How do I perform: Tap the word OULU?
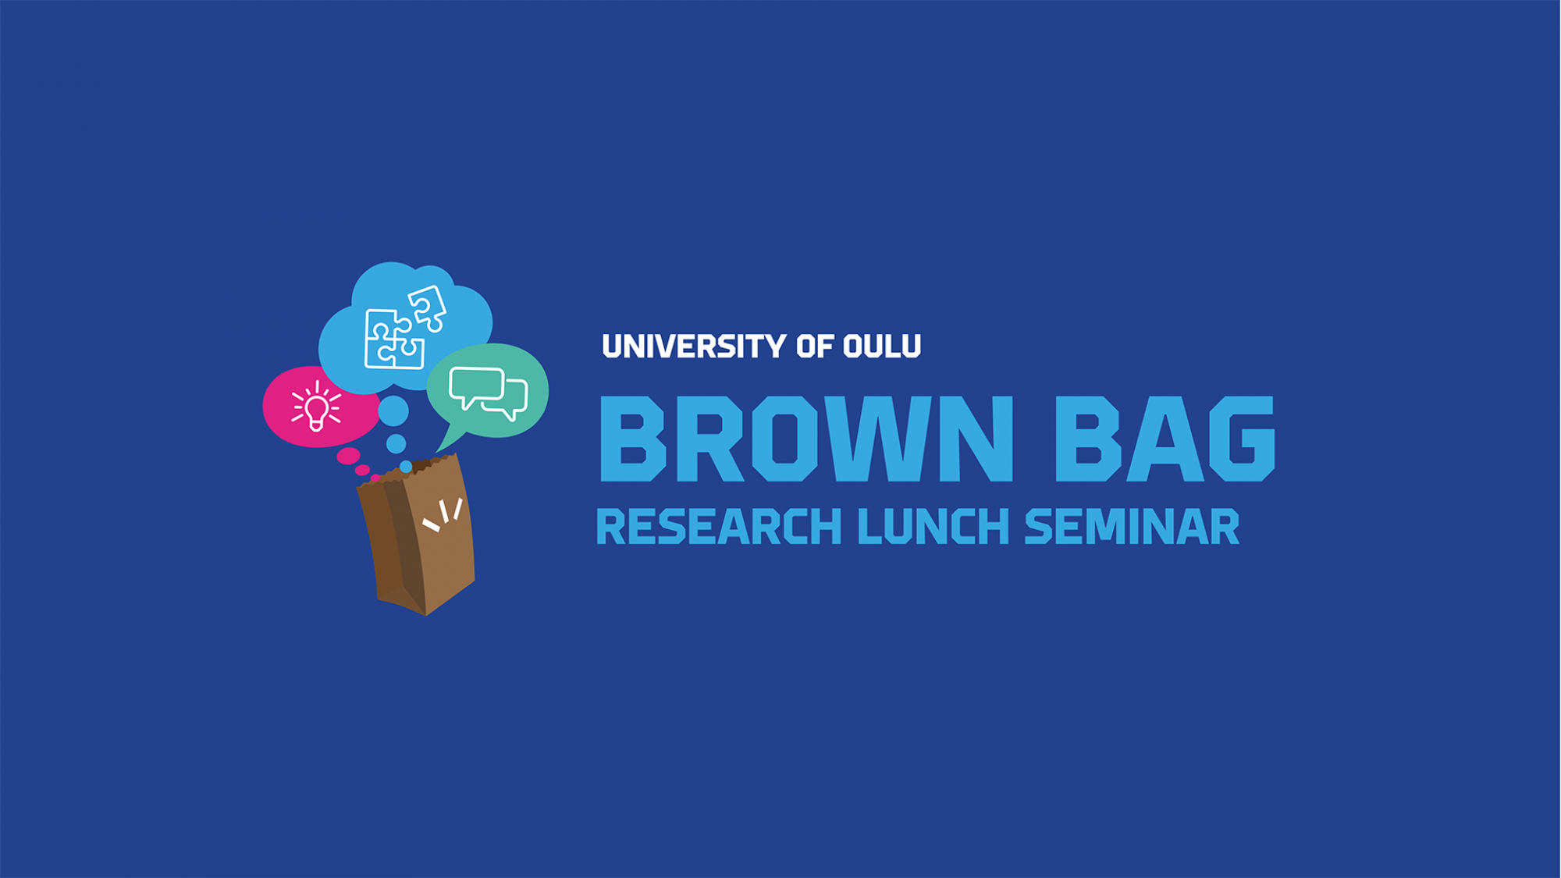[882, 347]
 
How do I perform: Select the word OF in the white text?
[815, 347]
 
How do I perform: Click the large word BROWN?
[806, 439]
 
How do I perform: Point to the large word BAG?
[1165, 439]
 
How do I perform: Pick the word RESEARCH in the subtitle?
[719, 527]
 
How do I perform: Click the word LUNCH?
[934, 527]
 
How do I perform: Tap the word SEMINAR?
[1132, 527]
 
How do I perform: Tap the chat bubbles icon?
[489, 393]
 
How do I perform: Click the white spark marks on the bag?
[443, 515]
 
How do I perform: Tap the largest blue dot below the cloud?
[393, 411]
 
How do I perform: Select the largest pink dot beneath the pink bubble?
[348, 456]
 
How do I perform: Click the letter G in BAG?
[1240, 439]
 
